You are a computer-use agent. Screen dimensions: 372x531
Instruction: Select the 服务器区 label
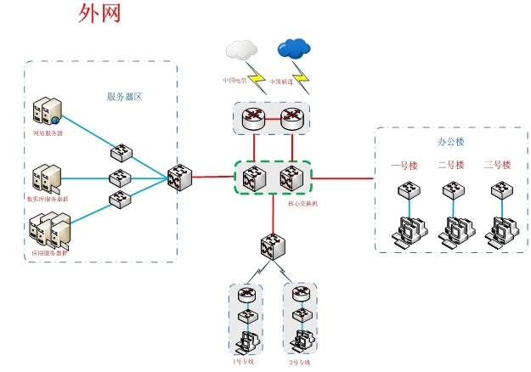(124, 97)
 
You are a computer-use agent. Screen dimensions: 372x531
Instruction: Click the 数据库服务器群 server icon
(46, 178)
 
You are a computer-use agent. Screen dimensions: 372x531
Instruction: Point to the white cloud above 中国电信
(241, 48)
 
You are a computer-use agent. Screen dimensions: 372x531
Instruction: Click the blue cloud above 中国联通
(293, 48)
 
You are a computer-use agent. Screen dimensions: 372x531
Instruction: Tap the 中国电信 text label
(234, 82)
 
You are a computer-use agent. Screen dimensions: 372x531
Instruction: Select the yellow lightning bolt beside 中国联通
(302, 82)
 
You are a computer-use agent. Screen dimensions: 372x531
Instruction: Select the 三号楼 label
(496, 165)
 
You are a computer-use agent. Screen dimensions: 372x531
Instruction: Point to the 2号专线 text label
(300, 363)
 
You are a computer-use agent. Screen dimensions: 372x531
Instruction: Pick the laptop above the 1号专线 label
(246, 341)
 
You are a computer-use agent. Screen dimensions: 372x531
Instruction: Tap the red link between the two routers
(273, 120)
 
